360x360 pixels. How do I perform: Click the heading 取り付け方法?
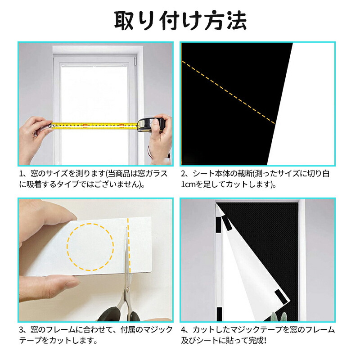[180, 21]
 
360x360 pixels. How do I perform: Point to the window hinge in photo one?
[135, 61]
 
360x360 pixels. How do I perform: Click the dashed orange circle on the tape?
[90, 247]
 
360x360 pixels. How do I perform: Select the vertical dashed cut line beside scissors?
[129, 244]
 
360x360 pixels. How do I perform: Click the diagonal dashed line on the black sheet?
[229, 93]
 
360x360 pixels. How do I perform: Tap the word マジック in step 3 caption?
[157, 330]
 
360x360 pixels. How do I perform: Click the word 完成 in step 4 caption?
[256, 341]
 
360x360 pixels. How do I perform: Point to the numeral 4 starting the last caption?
[184, 330]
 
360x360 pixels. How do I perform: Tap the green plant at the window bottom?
[278, 317]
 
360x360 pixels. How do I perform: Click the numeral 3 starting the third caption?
[22, 330]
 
